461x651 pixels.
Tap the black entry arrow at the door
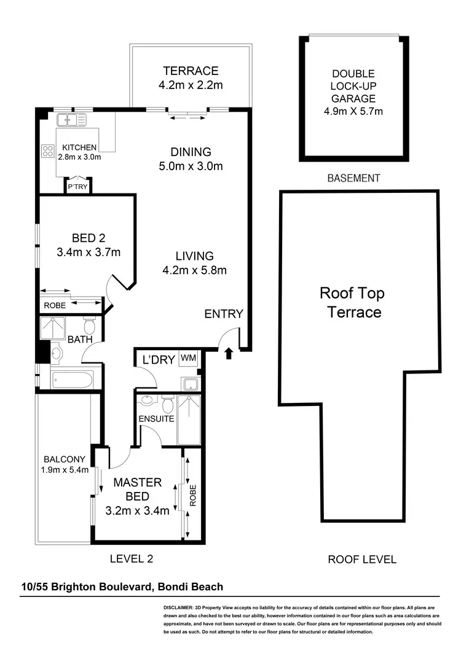[x=229, y=353]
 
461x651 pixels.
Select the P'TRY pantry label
[x=78, y=187]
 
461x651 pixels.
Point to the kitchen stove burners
[x=47, y=150]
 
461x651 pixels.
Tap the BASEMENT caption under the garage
[x=353, y=178]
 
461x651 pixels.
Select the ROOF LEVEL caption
[x=361, y=559]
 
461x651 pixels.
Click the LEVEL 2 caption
[x=131, y=559]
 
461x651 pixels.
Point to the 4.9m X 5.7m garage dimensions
[x=353, y=111]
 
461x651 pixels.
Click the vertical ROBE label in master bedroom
[x=192, y=496]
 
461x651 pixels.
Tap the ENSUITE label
[x=157, y=419]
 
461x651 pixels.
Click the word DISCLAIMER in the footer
[x=179, y=606]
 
